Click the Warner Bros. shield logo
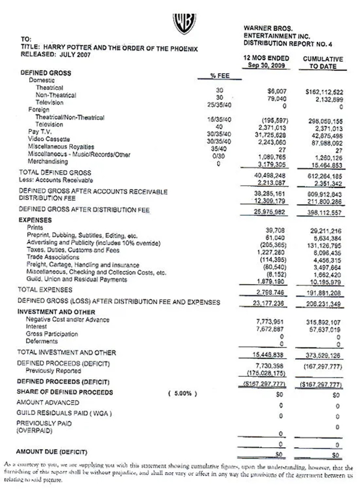(x=184, y=24)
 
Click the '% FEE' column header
(x=220, y=76)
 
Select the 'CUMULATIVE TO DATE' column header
(x=323, y=63)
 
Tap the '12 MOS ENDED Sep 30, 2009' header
(x=266, y=62)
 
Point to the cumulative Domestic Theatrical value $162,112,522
(x=324, y=92)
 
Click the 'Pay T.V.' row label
(x=40, y=132)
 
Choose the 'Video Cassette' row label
(x=49, y=139)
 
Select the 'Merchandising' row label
(x=48, y=161)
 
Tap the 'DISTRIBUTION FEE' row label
(x=47, y=198)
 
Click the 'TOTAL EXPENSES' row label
(x=45, y=290)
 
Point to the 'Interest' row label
(x=36, y=326)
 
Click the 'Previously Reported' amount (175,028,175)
(x=266, y=373)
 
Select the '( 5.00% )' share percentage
(x=183, y=393)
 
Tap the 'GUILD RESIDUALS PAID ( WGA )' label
(x=64, y=413)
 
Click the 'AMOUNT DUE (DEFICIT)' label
(x=51, y=452)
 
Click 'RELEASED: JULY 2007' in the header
(x=56, y=55)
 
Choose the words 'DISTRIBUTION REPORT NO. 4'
(x=288, y=44)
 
